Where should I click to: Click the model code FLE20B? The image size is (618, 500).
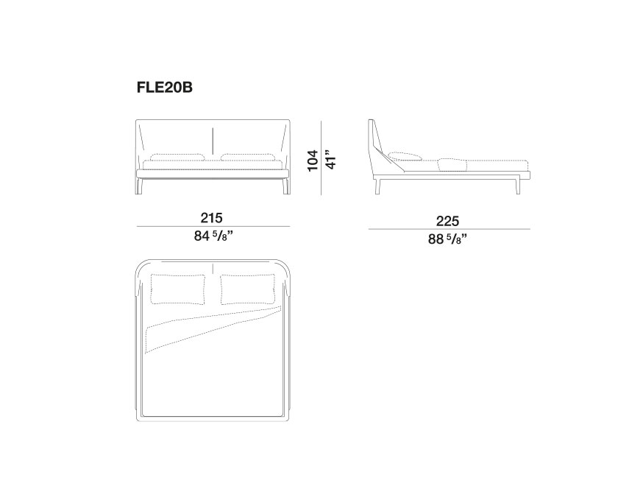164,87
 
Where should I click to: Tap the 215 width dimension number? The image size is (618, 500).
212,218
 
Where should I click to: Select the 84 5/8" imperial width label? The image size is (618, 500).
213,236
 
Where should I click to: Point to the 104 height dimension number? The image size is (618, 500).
313,161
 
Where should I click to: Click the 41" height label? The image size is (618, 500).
330,160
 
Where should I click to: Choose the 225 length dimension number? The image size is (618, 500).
448,221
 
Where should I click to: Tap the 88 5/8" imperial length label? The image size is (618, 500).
448,239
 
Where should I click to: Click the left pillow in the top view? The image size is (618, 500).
178,289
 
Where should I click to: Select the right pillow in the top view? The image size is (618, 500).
248,289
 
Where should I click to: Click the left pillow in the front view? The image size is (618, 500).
177,157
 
